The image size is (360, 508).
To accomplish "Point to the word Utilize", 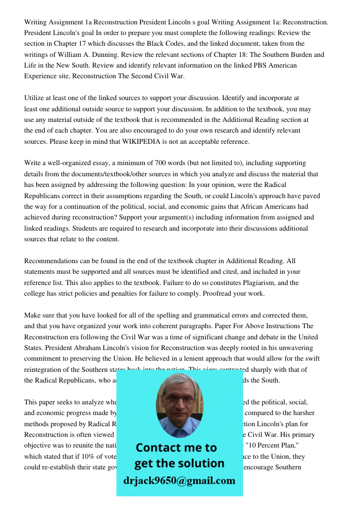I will pos(36,98).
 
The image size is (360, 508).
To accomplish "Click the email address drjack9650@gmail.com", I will pos(179,481).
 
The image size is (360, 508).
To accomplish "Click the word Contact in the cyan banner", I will pos(160,448).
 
